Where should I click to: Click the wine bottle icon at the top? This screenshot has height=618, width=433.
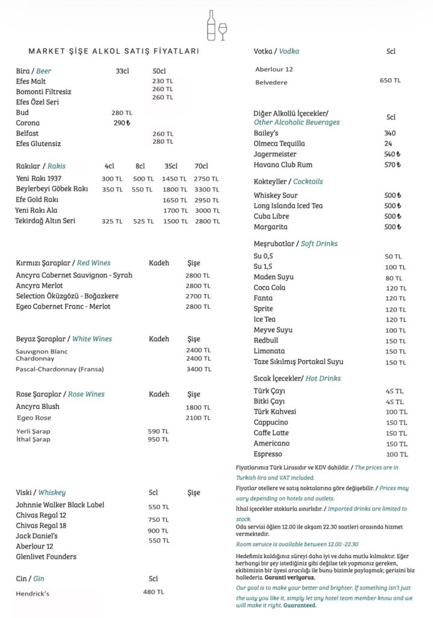tap(211, 25)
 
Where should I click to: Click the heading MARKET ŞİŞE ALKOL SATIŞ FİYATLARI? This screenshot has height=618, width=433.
tap(114, 52)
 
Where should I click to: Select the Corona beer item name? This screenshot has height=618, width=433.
tap(28, 123)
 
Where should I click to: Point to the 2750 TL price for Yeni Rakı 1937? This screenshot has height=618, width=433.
tap(207, 179)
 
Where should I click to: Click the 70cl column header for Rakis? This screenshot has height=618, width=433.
tap(201, 166)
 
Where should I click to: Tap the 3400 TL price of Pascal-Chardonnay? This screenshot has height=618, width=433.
tap(198, 369)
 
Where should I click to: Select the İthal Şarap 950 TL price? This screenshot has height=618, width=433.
tap(158, 439)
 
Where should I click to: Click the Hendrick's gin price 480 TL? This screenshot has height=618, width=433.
tap(153, 592)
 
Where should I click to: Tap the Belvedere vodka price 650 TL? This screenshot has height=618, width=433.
tap(390, 80)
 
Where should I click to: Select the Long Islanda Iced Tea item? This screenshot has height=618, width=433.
tap(288, 206)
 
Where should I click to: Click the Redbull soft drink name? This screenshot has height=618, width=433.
tap(266, 341)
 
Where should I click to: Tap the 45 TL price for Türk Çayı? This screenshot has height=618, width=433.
tap(394, 390)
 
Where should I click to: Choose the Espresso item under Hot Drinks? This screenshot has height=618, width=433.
tap(268, 454)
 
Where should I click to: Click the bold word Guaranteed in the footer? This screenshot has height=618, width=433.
tap(300, 605)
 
